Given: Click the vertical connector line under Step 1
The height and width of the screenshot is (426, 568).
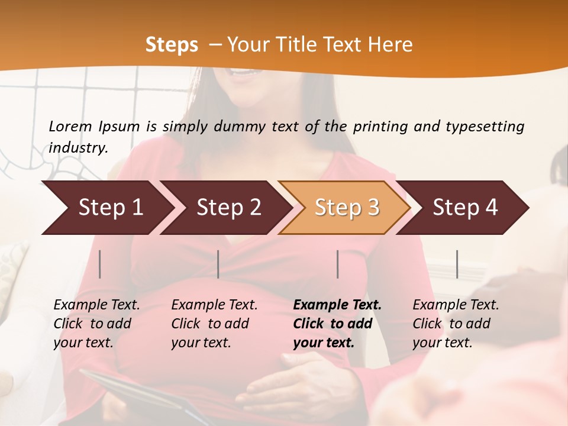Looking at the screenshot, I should [x=100, y=264].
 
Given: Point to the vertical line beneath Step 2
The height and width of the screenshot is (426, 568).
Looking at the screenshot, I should [x=218, y=264].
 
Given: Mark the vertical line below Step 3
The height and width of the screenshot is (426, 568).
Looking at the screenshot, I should [x=338, y=264].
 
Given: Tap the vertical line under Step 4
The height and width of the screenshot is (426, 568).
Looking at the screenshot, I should [x=457, y=264].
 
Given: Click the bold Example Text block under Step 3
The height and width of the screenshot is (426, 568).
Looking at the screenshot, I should [x=337, y=324].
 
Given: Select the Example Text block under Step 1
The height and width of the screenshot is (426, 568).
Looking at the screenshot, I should [x=96, y=324].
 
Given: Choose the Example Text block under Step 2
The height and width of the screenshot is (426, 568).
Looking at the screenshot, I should [x=214, y=324].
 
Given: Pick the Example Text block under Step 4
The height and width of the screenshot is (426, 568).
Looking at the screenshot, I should [x=456, y=324].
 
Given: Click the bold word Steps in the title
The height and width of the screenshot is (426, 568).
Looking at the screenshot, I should [x=172, y=45].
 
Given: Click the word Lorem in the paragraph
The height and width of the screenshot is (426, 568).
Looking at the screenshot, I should [x=70, y=127].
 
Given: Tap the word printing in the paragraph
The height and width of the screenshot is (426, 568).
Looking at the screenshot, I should [x=379, y=127].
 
